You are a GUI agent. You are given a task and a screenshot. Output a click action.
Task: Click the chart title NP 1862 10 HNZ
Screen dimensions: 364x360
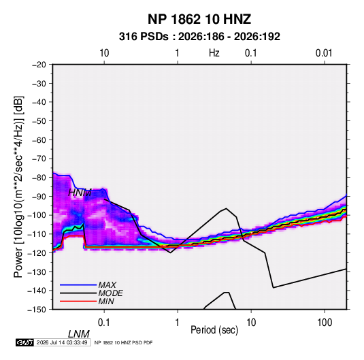click(x=199, y=19)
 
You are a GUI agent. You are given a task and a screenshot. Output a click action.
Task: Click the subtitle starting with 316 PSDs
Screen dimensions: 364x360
click(x=199, y=37)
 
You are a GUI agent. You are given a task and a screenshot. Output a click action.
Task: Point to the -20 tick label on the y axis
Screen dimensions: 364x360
click(x=39, y=65)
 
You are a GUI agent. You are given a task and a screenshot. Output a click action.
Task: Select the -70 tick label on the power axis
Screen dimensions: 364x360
click(x=39, y=159)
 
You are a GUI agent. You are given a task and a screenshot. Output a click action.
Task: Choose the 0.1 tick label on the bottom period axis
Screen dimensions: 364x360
click(x=104, y=323)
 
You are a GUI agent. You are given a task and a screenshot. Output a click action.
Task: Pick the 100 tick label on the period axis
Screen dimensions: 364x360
click(x=325, y=323)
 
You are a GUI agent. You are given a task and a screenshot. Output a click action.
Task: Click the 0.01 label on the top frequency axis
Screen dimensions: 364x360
click(x=324, y=53)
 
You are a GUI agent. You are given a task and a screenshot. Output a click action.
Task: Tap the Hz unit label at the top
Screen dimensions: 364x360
click(x=214, y=53)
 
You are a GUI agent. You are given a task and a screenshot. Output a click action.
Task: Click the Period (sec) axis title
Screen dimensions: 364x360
click(x=214, y=330)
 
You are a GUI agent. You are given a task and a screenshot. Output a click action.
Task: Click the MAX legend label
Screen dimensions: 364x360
click(x=107, y=284)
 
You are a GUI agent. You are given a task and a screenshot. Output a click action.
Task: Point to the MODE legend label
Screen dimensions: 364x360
click(x=110, y=293)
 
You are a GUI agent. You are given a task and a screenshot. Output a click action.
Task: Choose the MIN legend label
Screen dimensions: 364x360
click(x=106, y=301)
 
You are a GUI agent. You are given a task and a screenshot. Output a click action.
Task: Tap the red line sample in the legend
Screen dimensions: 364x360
click(x=78, y=301)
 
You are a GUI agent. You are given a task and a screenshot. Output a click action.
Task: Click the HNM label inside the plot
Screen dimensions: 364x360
click(x=80, y=193)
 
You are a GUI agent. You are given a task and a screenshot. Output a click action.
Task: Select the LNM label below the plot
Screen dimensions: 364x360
click(x=79, y=334)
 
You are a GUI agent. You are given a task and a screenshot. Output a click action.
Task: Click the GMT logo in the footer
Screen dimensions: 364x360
click(x=24, y=342)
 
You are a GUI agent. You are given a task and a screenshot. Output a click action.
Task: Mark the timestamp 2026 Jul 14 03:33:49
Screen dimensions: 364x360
click(x=62, y=342)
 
